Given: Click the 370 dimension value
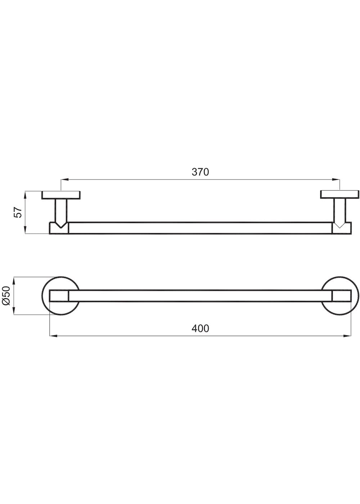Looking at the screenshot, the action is pos(200,172).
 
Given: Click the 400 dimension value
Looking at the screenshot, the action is pos(200,328).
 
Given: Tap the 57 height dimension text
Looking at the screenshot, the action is pos(18,212).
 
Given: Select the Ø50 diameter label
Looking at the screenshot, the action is pos(6,296).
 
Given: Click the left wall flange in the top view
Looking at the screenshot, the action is pos(61,195).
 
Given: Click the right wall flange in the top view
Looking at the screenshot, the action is pos(340,195).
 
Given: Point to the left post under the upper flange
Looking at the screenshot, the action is pos(61,212).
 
